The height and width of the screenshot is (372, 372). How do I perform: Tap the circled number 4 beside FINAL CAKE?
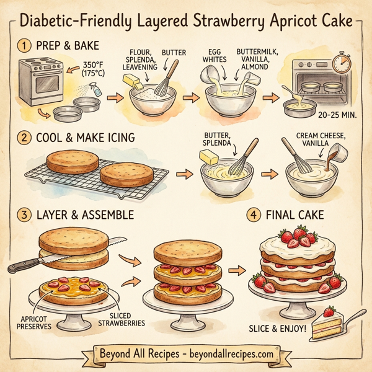(254, 215)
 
